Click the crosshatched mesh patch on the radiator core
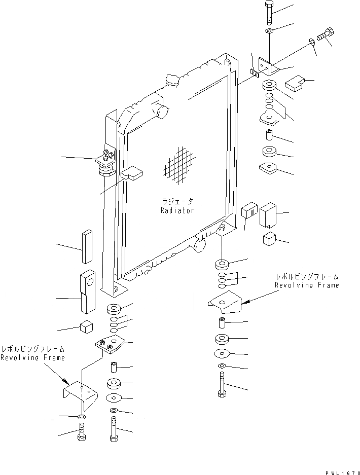click(179, 166)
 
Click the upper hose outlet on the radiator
click(161, 111)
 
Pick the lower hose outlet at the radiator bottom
click(198, 246)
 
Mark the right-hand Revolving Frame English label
click(307, 285)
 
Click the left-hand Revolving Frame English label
click(32, 358)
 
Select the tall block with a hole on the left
click(87, 292)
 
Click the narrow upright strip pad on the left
click(86, 246)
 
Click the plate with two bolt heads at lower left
click(110, 346)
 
